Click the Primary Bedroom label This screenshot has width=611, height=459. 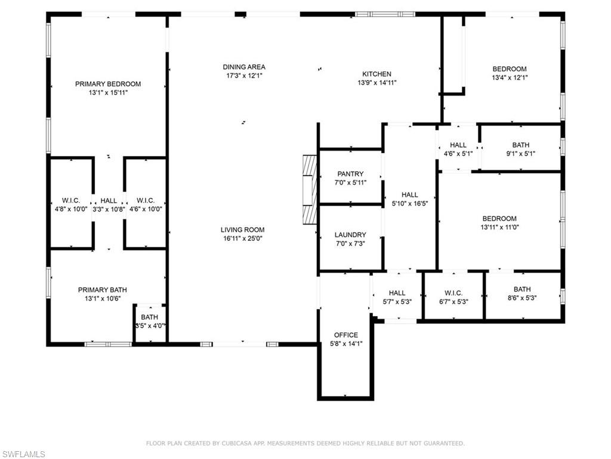[108, 84]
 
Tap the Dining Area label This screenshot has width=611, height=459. [244, 67]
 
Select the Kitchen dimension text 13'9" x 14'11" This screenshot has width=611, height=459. [377, 83]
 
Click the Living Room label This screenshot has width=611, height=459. [242, 230]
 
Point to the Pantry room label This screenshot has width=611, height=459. [350, 174]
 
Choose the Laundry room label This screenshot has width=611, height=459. [350, 235]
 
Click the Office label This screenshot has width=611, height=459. [346, 335]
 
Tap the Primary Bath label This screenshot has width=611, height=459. [103, 290]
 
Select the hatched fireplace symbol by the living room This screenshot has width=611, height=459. [310, 189]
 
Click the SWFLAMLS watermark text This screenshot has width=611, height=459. [23, 454]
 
